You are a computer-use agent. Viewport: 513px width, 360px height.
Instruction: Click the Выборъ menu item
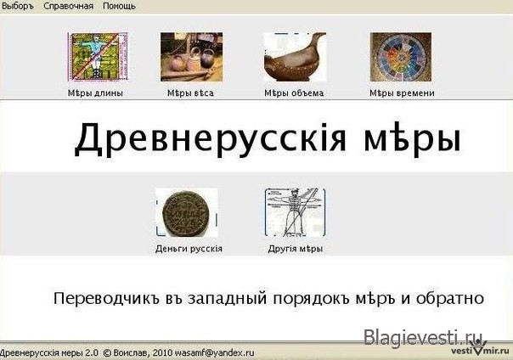(x=18, y=6)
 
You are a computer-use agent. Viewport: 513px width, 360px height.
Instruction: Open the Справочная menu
(x=69, y=6)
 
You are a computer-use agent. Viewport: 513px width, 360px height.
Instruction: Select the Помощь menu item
(x=119, y=6)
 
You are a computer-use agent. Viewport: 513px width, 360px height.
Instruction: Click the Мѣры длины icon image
(x=98, y=57)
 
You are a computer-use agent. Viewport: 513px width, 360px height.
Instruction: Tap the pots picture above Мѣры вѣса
(x=191, y=57)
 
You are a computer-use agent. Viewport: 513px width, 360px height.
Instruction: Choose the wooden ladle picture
(x=295, y=57)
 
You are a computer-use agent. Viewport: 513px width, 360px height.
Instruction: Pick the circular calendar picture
(x=401, y=57)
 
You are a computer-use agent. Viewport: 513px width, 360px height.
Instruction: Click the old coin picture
(x=187, y=212)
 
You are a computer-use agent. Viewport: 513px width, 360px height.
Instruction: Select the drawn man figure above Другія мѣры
(x=295, y=212)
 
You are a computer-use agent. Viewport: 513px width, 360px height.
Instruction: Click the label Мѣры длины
(x=95, y=93)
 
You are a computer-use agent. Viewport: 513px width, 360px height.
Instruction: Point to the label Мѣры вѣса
(x=190, y=93)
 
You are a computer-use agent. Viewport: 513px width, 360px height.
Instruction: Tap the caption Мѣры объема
(x=294, y=93)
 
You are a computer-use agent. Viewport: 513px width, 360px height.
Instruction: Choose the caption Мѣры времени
(x=402, y=93)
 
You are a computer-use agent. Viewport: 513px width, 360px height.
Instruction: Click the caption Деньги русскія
(x=189, y=249)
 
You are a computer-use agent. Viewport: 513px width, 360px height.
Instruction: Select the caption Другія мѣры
(x=296, y=249)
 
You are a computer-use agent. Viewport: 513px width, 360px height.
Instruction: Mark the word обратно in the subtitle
(x=450, y=299)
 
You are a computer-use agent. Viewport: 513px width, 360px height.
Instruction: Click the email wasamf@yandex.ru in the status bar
(x=214, y=353)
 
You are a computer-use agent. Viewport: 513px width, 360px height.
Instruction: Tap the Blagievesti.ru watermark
(x=423, y=337)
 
